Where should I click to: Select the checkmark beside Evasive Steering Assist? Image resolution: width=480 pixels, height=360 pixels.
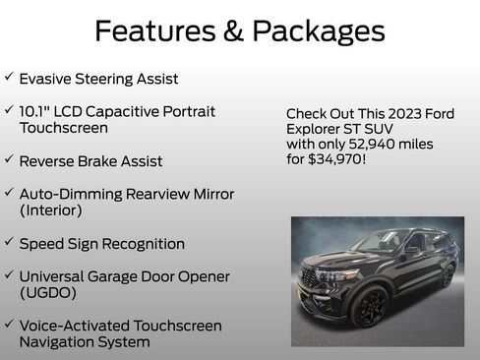point(9,77)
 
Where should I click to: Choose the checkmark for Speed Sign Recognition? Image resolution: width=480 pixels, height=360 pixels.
point(9,243)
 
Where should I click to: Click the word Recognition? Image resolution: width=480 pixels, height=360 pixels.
point(142,243)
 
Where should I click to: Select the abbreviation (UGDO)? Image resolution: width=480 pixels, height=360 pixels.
point(47,293)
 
